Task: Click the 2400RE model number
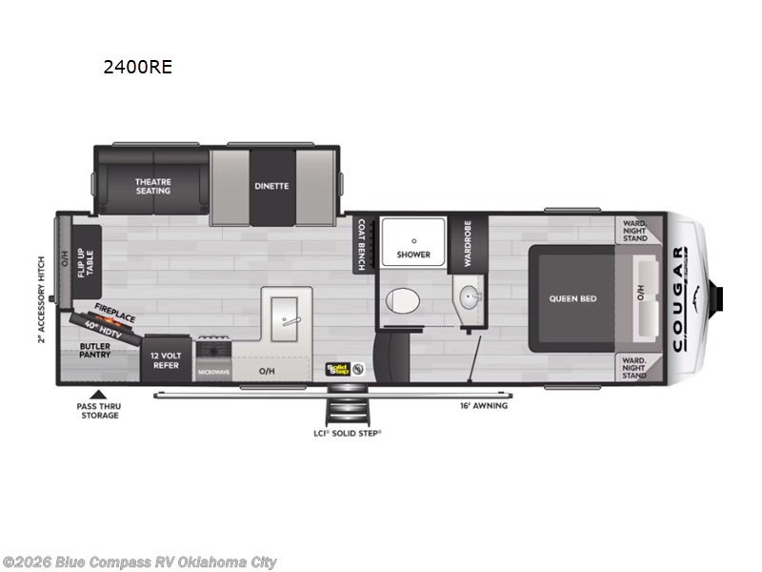point(138,68)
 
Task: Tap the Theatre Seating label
point(152,186)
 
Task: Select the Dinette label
point(271,186)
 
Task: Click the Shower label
point(413,255)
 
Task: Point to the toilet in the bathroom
point(403,302)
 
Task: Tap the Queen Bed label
point(572,298)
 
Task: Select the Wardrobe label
point(468,242)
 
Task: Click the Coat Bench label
point(361,244)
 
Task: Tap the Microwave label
point(213,372)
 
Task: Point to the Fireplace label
point(114,312)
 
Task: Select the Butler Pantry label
point(95,349)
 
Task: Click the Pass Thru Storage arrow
point(95,394)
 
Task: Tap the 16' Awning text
point(483,405)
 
